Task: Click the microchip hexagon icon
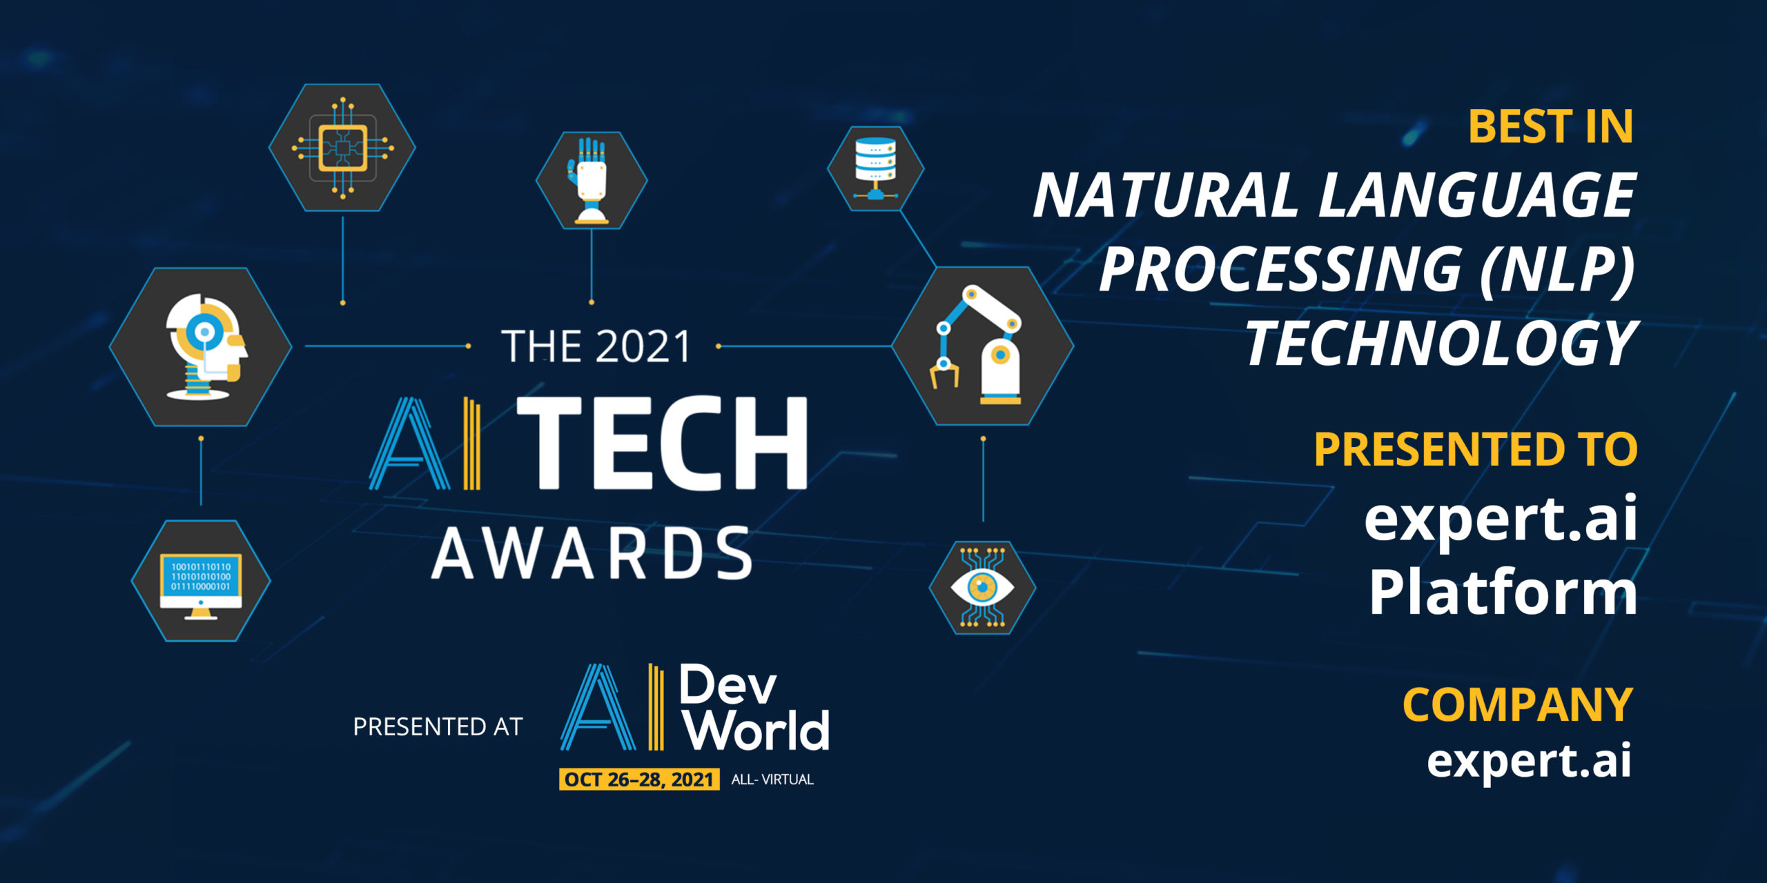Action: [x=342, y=147]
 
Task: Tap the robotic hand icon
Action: [x=592, y=180]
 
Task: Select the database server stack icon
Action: [x=875, y=168]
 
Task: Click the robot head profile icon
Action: [x=201, y=346]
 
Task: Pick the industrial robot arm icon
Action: [x=982, y=346]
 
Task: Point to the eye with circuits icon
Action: [x=982, y=587]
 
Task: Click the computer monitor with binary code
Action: [x=201, y=581]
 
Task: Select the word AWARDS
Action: [x=592, y=553]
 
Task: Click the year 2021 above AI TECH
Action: [x=643, y=346]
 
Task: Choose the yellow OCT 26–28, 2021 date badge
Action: [x=639, y=780]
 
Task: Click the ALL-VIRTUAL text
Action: [x=772, y=780]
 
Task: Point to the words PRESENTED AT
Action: [x=438, y=726]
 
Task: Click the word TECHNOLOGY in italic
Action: [x=1441, y=343]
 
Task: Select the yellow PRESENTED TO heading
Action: [x=1476, y=449]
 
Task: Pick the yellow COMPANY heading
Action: [x=1517, y=704]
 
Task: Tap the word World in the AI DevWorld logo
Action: [x=758, y=730]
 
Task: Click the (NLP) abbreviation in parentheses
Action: [x=1557, y=269]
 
